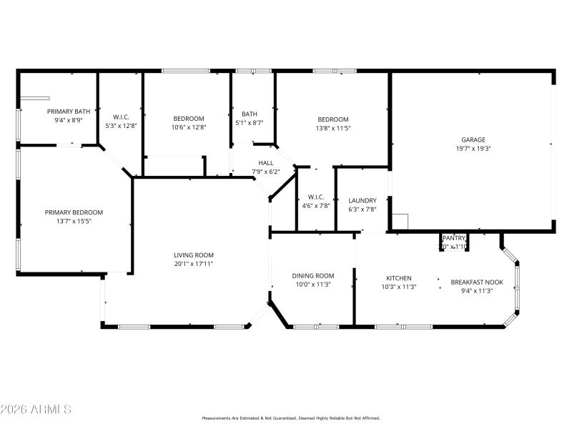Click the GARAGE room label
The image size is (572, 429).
tap(473, 139)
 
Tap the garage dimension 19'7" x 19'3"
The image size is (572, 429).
tap(473, 149)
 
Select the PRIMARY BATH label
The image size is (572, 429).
tap(69, 111)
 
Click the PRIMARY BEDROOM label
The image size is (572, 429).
tap(74, 212)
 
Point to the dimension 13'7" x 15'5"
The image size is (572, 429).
tap(74, 222)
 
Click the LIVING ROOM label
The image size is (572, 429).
tap(194, 255)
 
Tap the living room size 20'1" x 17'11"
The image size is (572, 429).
tap(194, 264)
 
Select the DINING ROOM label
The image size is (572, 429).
tap(313, 275)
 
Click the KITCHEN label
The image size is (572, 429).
tap(399, 277)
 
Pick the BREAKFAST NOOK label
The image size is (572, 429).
tap(477, 282)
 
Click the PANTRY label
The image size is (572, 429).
tap(454, 238)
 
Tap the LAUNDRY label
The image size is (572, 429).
tap(362, 200)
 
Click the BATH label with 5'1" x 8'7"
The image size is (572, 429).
tap(250, 114)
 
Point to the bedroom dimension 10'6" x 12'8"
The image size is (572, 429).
tap(189, 128)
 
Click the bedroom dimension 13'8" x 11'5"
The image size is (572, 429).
tap(333, 128)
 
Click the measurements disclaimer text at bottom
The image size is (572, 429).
tap(291, 418)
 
